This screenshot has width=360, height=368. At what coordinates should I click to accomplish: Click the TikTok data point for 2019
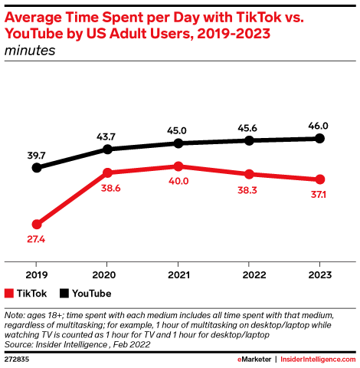click(x=36, y=224)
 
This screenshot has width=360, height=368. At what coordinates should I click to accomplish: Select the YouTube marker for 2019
click(x=36, y=167)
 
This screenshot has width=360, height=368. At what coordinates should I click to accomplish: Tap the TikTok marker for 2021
click(x=178, y=166)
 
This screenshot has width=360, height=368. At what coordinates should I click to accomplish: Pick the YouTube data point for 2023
click(x=320, y=138)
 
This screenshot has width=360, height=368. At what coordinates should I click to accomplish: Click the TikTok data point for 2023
click(x=320, y=179)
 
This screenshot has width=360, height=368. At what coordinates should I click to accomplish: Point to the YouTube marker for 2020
click(x=107, y=149)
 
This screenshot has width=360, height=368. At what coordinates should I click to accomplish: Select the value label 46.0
click(x=320, y=125)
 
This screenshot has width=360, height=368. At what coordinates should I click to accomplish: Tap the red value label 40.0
click(x=178, y=182)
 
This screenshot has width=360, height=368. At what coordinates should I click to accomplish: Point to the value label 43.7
click(x=107, y=135)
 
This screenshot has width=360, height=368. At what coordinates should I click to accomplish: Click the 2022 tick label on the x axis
click(x=250, y=274)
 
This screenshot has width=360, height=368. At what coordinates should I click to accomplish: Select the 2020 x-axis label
click(x=107, y=274)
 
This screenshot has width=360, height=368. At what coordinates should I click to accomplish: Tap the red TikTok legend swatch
click(x=9, y=293)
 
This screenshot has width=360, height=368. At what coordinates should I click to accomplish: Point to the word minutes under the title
click(x=31, y=51)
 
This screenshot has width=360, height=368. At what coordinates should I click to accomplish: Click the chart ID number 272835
click(x=19, y=358)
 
